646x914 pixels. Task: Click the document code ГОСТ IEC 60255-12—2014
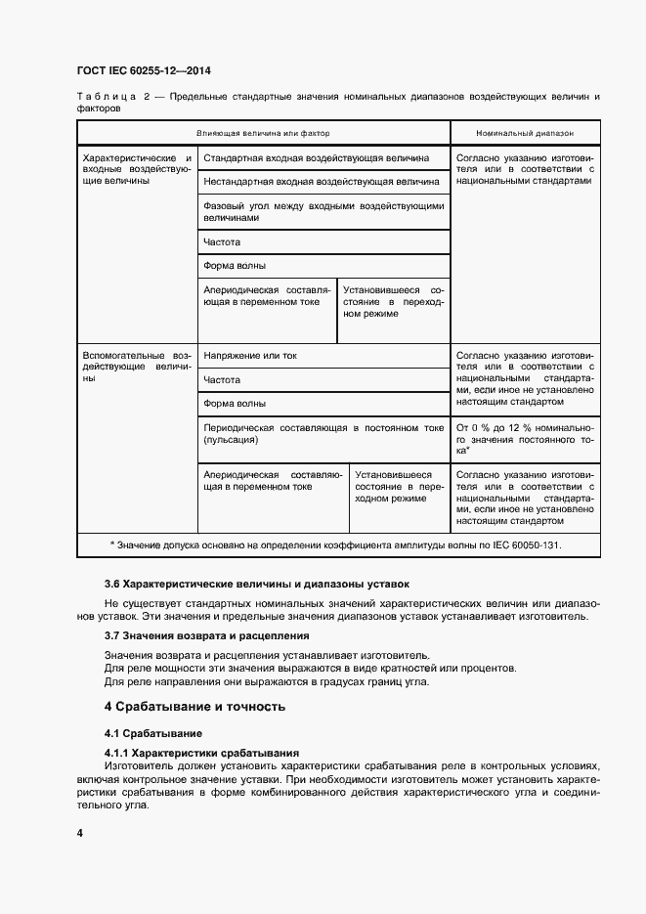(x=144, y=71)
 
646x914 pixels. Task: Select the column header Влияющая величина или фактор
(x=264, y=132)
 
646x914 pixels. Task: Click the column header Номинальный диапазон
(x=525, y=132)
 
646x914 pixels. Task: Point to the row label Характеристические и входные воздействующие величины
(x=137, y=169)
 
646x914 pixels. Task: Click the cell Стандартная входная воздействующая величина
(x=316, y=157)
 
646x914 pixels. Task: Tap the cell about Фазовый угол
(x=323, y=212)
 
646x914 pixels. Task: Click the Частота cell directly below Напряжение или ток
(x=222, y=380)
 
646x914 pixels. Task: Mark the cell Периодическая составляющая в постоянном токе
(x=323, y=434)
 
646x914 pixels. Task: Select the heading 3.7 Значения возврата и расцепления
(x=207, y=636)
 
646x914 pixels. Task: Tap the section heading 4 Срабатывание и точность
(x=194, y=706)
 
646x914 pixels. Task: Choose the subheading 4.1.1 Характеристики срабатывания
(x=201, y=752)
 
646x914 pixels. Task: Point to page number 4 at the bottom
(x=80, y=833)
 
